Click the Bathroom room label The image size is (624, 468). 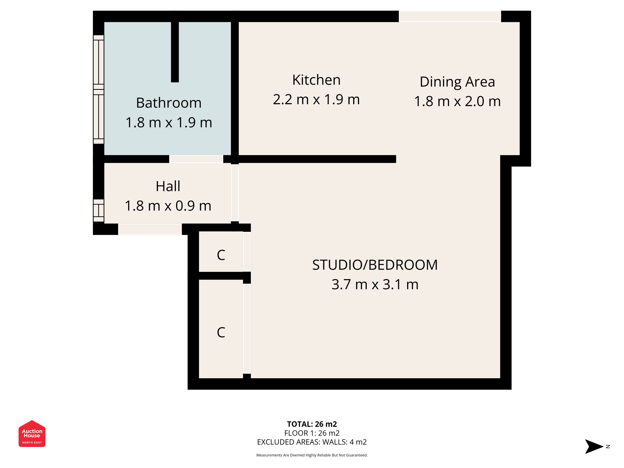[169, 103]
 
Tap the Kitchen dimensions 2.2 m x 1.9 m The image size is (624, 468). [316, 100]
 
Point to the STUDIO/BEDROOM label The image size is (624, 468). [375, 265]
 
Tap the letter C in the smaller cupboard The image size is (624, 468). [221, 255]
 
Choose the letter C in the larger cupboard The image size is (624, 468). [221, 332]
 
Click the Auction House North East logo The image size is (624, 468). [32, 434]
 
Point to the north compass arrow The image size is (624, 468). [594, 447]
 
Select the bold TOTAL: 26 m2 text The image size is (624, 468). [312, 424]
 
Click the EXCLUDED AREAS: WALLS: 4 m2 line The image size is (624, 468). [312, 442]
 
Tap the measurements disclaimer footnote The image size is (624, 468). [312, 455]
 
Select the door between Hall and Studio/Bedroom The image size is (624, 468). [235, 193]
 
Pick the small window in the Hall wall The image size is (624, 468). [98, 210]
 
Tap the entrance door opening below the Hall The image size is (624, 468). [150, 229]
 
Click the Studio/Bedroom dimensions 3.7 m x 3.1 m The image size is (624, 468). [375, 284]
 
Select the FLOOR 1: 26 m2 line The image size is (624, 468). [312, 433]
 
